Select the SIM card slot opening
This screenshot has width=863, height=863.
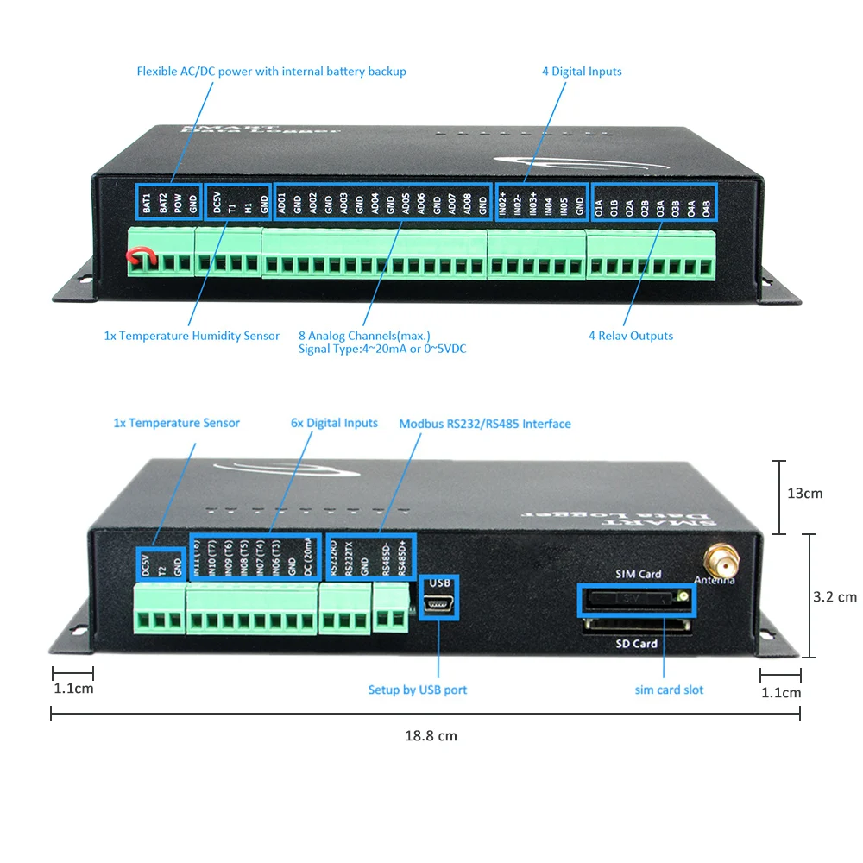point(636,597)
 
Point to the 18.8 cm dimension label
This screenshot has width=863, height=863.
point(431,736)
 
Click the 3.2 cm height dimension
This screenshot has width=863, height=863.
point(835,596)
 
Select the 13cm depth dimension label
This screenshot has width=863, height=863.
point(805,494)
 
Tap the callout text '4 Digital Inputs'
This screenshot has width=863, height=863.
point(582,72)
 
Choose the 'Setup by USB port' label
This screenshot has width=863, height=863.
point(418,690)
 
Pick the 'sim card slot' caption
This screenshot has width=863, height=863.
point(669,690)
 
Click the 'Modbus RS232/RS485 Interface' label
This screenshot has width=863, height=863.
point(484,424)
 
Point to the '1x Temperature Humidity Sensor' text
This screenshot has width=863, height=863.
point(192,336)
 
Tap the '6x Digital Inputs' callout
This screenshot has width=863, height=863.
point(334,423)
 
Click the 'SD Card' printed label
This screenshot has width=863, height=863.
point(637,644)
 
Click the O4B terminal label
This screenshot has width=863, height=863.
point(706,207)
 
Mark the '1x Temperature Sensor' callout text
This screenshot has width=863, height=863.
point(177,423)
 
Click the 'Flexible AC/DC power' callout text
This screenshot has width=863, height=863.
point(271,72)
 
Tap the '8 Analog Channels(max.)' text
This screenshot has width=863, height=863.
point(363,336)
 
